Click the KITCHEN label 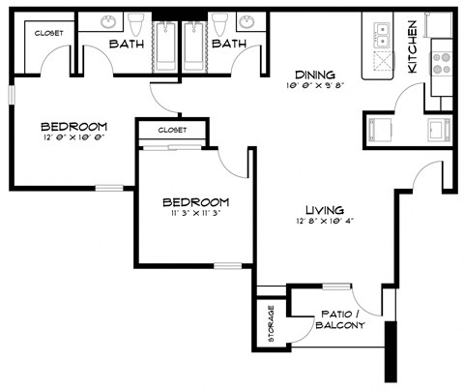coord(413,47)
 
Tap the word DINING coord(315,75)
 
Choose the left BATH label coord(127,45)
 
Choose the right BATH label coord(228,45)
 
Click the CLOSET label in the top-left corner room coord(48,34)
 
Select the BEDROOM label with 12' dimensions coord(73,126)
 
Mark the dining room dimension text coord(315,87)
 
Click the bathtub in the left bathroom coord(166,44)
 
